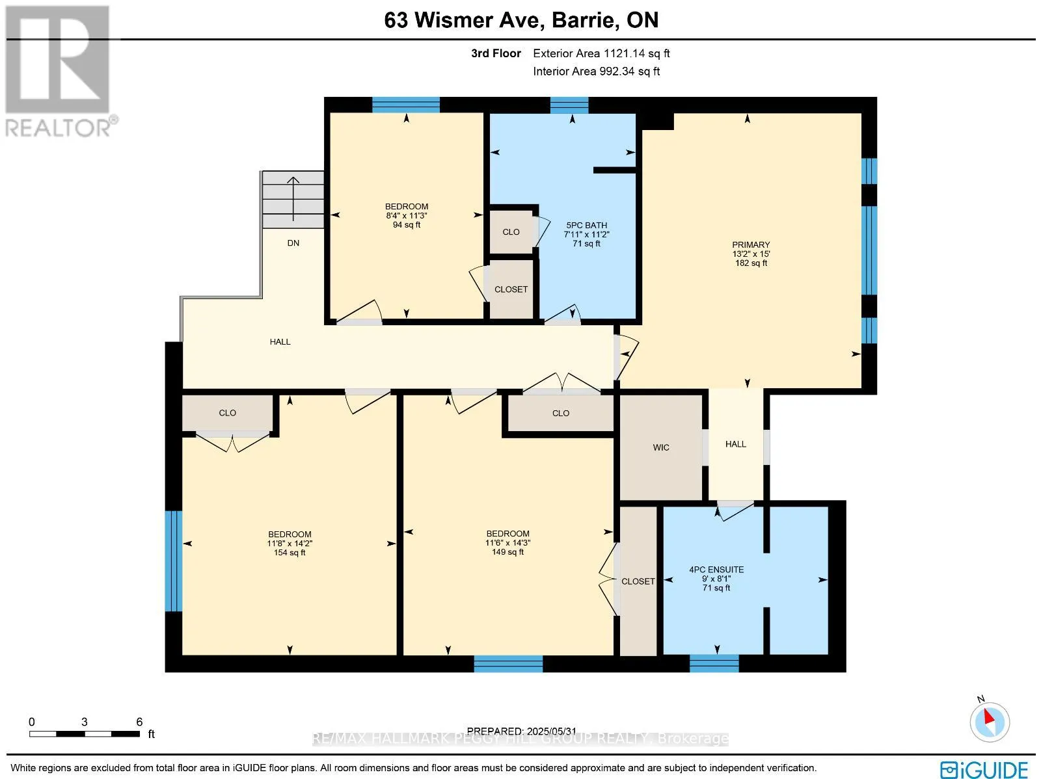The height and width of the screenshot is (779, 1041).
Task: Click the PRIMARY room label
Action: [x=751, y=244]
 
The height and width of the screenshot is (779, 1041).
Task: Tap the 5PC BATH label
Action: [x=587, y=225]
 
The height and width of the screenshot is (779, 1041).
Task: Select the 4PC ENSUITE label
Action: [x=716, y=570]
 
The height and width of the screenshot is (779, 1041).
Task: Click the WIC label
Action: [x=660, y=447]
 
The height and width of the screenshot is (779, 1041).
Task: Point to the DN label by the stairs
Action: [x=293, y=243]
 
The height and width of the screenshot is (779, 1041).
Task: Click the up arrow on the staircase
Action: [x=293, y=198]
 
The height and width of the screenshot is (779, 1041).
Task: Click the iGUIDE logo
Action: [x=984, y=769]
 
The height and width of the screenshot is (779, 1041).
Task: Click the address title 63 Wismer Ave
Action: [x=462, y=20]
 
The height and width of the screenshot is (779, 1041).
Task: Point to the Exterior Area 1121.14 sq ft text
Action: [x=601, y=53]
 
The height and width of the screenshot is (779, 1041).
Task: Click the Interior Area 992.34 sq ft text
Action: [x=597, y=71]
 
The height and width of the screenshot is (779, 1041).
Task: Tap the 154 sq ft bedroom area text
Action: [x=290, y=553]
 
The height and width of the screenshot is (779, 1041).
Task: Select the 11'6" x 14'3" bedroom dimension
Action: [x=507, y=542]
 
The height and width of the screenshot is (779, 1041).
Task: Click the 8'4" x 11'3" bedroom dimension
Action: [x=407, y=216]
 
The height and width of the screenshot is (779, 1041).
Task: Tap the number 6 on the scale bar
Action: [x=139, y=722]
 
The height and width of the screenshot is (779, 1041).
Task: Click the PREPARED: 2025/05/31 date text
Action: [x=522, y=731]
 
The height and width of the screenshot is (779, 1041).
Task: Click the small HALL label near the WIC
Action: [x=736, y=444]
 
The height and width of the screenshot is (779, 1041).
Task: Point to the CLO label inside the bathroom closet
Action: [x=511, y=231]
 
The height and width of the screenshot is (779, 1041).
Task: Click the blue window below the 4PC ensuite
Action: [x=714, y=663]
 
